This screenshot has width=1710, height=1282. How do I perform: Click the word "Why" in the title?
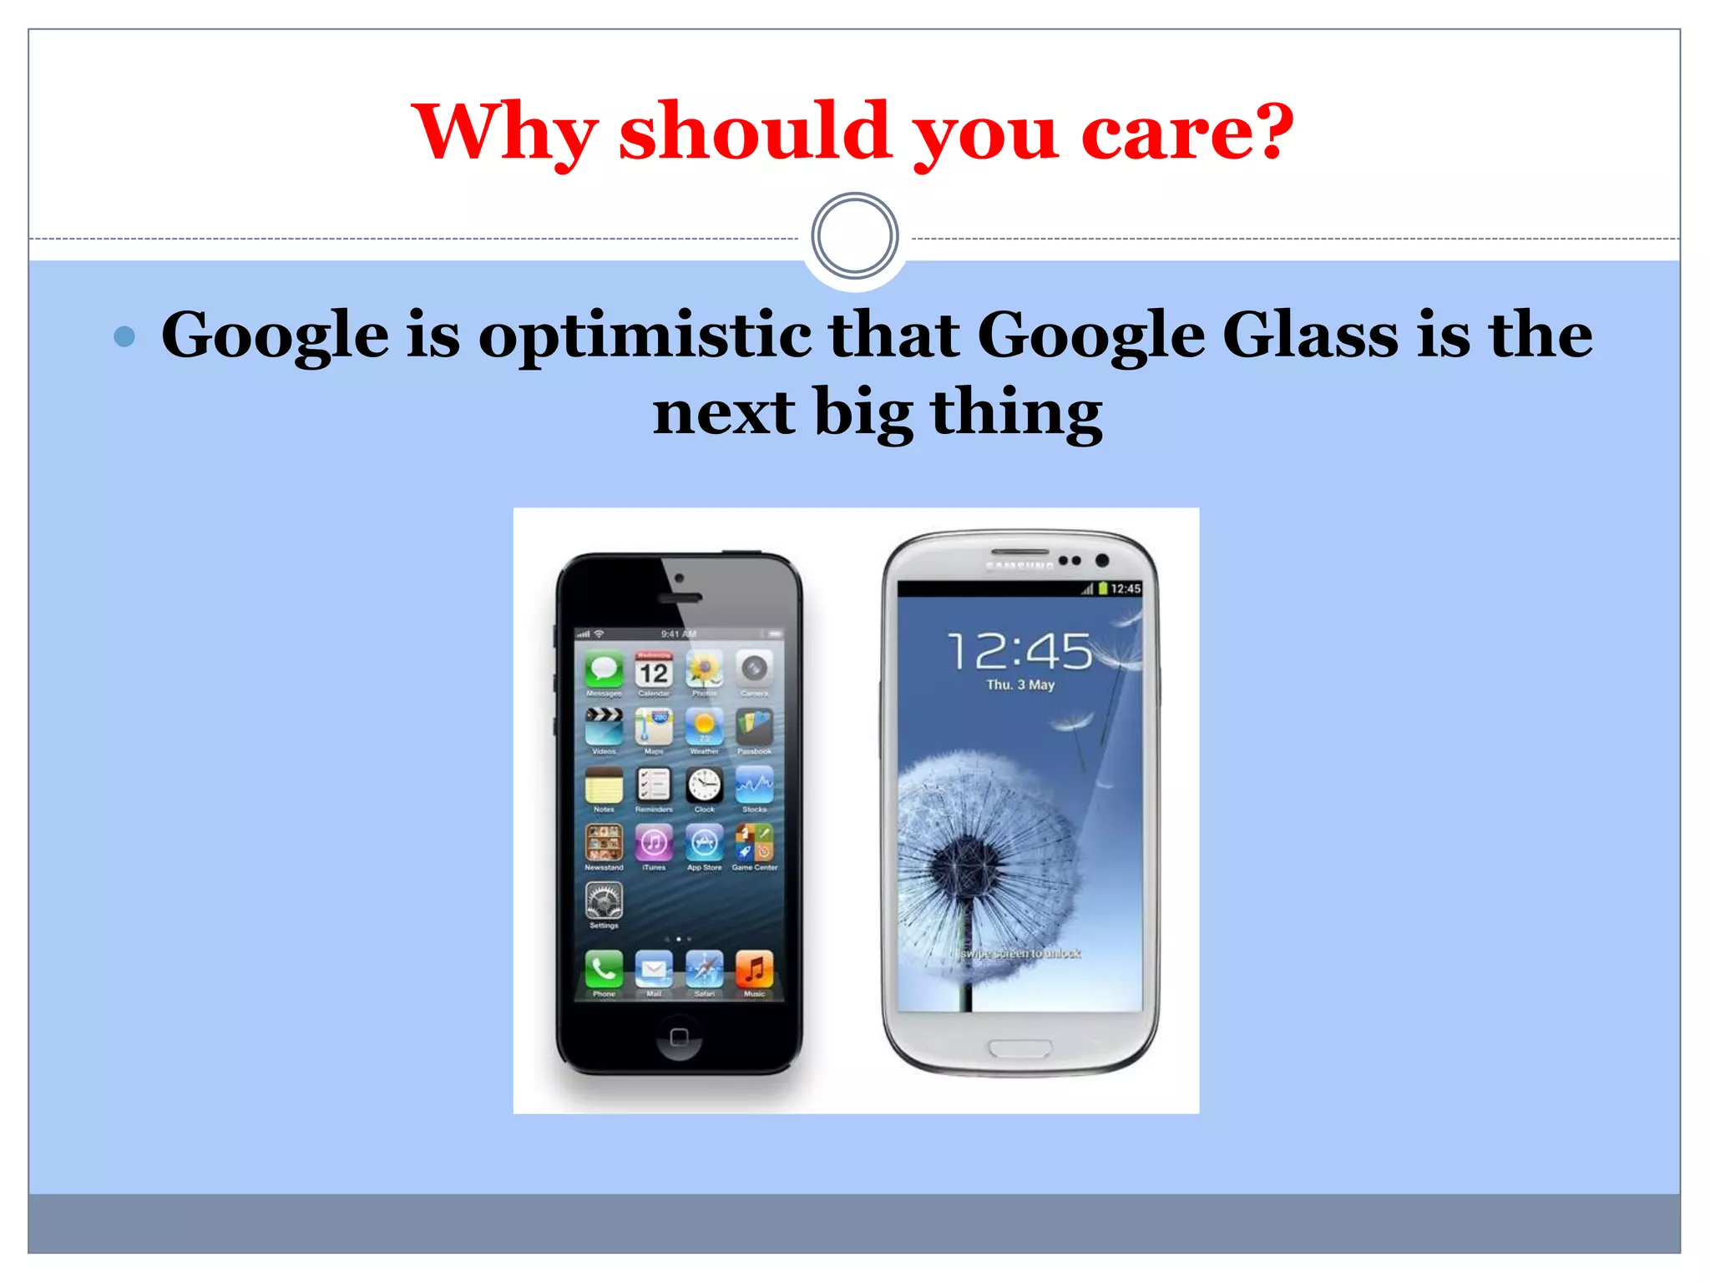pos(504,134)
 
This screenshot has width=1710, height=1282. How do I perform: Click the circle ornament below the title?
pos(854,236)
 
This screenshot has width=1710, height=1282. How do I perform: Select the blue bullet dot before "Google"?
pos(124,336)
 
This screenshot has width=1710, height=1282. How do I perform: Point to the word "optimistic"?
pos(645,336)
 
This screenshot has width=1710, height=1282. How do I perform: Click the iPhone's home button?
pos(679,1037)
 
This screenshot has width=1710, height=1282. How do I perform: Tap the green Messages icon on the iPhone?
pos(604,669)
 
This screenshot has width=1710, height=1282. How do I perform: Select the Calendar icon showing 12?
pos(654,669)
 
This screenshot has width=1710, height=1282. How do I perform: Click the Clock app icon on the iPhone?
pos(704,785)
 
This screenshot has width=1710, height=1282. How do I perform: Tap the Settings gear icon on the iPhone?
pos(604,901)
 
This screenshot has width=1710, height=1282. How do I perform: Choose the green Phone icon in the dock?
pos(604,969)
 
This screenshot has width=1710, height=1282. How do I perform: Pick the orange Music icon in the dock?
pos(754,969)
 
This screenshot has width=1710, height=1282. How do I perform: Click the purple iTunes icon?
pos(654,843)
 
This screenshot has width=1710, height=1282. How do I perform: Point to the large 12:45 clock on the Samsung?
pos(1019,652)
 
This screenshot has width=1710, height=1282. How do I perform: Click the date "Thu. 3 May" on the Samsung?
pos(1020,685)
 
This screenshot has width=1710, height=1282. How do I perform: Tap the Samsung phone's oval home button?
pos(1019,1048)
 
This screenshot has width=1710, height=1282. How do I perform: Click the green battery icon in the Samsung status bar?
pos(1103,588)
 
